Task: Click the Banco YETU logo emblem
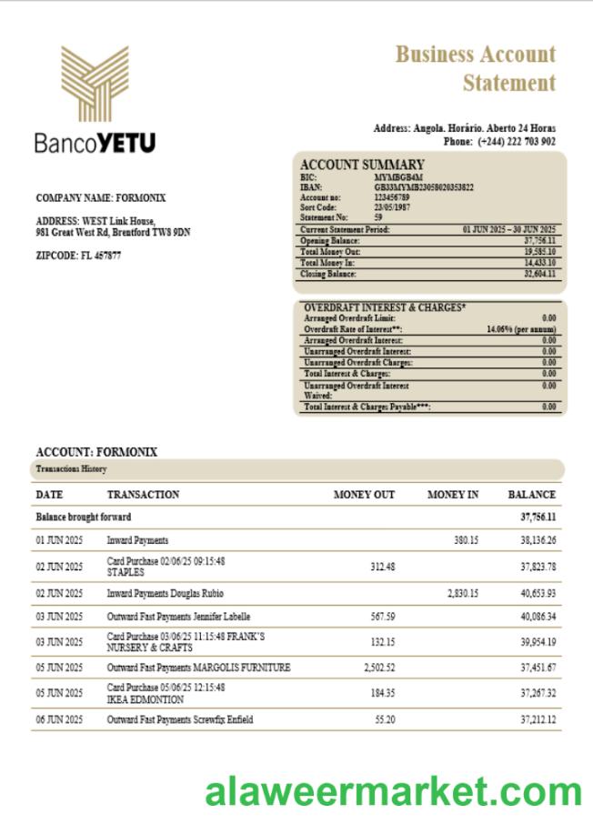95,84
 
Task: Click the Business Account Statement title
476,68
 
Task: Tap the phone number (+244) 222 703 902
516,142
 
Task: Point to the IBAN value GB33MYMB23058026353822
424,186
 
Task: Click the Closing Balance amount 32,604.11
539,274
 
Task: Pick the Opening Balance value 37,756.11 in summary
539,241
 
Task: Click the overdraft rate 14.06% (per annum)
521,329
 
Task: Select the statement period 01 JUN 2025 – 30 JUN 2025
509,229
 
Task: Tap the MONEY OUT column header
364,495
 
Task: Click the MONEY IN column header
453,495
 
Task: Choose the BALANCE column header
531,495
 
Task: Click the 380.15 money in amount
466,540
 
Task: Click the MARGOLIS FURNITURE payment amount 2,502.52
379,668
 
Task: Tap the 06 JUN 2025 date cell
59,719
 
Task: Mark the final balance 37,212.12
538,719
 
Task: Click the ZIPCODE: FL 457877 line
78,256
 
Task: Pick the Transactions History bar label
71,469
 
